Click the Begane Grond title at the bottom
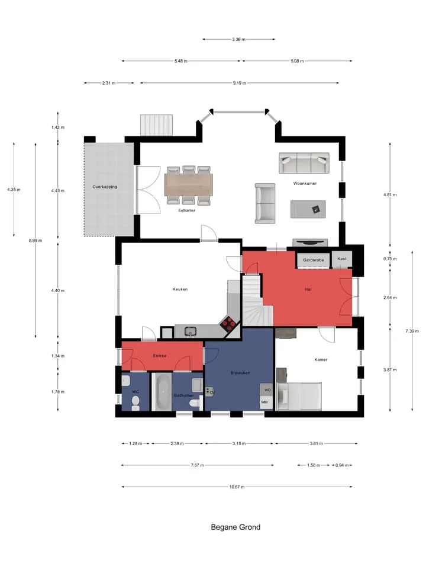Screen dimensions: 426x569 [x=235, y=527]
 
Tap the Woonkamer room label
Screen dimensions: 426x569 [x=305, y=184]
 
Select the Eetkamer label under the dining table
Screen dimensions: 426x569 [x=187, y=210]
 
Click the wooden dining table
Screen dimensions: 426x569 [x=189, y=185]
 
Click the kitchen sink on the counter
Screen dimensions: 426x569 [x=190, y=331]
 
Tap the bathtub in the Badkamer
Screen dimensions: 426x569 [x=162, y=392]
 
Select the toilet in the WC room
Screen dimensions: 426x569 [x=135, y=402]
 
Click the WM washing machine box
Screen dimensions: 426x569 [x=266, y=402]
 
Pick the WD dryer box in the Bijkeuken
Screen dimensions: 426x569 [x=267, y=390]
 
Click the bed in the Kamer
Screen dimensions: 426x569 [x=299, y=397]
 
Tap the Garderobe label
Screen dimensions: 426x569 [x=314, y=260]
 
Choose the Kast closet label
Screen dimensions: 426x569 [x=342, y=259]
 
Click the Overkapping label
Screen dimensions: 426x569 [x=105, y=187]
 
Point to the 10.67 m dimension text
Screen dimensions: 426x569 [x=237, y=487]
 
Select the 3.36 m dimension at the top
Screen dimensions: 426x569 [x=238, y=39]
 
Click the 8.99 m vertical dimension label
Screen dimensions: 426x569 [x=35, y=240]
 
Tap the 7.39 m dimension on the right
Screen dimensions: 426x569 [x=412, y=331]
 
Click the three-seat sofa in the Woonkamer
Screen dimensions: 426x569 [x=304, y=163]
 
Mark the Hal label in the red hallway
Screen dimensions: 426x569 [x=308, y=289]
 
